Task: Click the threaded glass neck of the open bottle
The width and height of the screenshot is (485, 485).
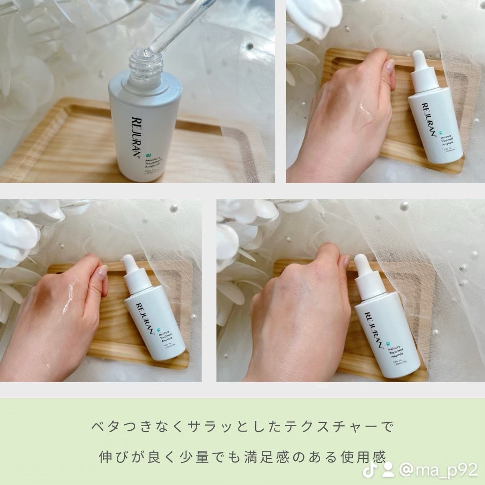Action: click(145, 66)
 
